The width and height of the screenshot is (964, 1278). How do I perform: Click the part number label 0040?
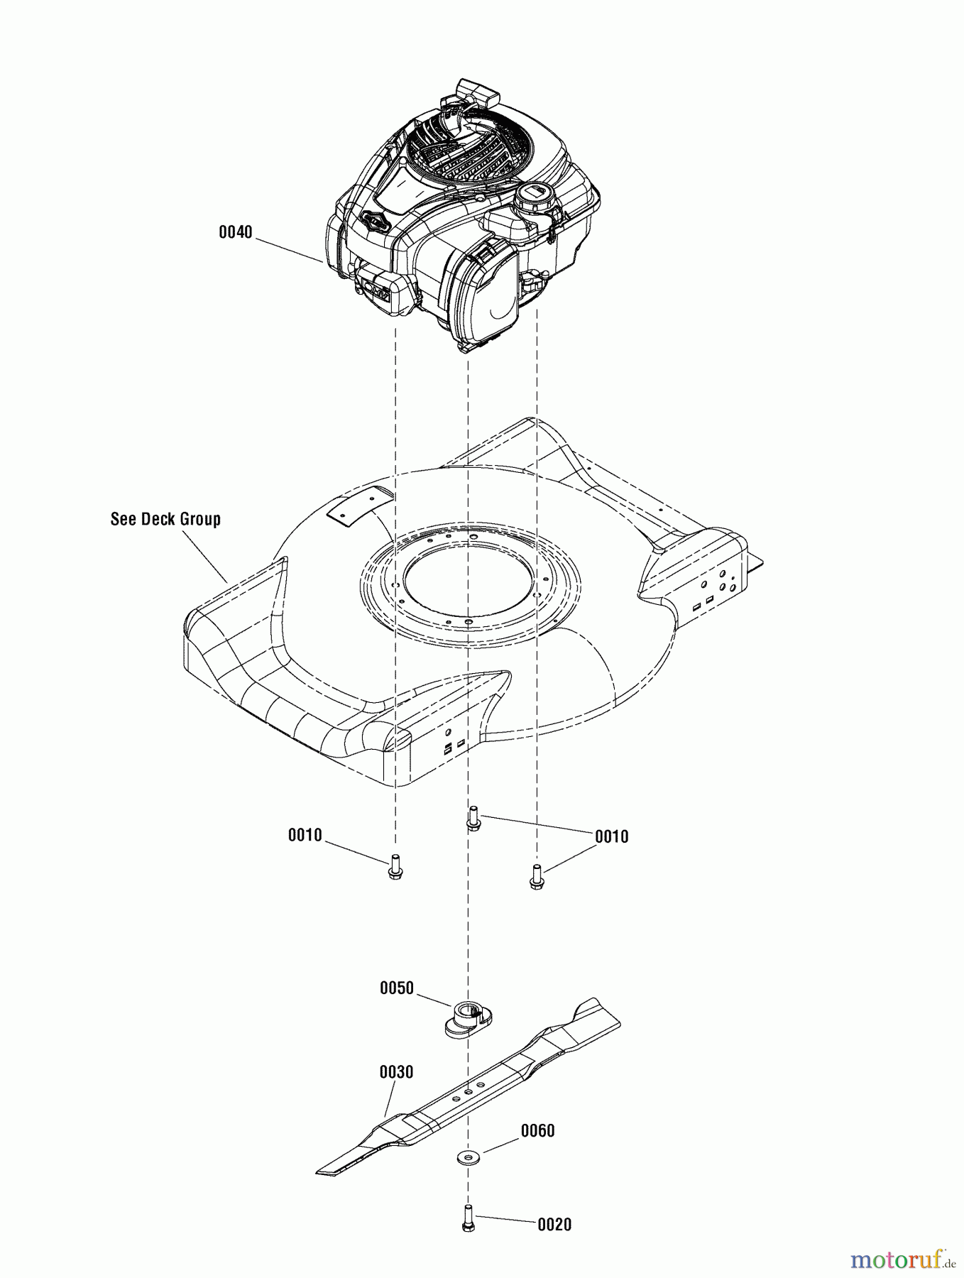coord(235,232)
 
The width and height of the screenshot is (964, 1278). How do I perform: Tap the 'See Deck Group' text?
coord(165,519)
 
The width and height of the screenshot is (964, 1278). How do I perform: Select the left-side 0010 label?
coord(305,836)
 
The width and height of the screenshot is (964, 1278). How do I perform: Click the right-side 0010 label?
coord(611,837)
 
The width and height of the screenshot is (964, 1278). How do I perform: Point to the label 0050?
coord(396,988)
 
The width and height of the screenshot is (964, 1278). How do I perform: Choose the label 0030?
coord(396,1072)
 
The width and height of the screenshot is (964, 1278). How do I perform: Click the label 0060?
coord(537,1130)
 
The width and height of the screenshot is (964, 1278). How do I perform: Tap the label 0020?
coord(554,1225)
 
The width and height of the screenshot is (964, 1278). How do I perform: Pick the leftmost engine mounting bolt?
coord(395,868)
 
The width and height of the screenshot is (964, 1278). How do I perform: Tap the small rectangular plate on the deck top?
coord(359,507)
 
